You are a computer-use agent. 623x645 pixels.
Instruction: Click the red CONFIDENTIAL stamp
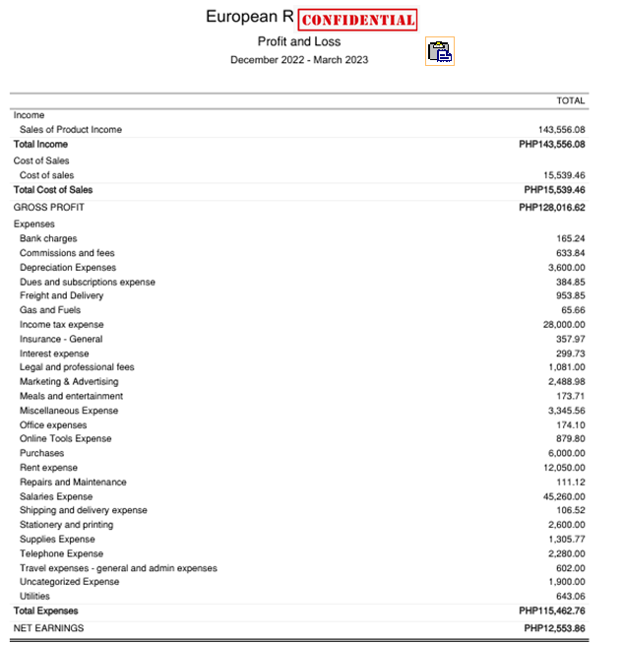click(357, 20)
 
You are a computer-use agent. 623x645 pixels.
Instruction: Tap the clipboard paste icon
click(440, 51)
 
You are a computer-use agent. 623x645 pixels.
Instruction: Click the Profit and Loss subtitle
click(299, 41)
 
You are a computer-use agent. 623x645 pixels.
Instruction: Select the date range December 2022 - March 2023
click(299, 60)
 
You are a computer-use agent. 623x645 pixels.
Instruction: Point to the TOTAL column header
click(570, 100)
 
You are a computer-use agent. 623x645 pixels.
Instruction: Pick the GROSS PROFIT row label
click(48, 208)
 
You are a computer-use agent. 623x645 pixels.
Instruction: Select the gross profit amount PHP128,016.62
click(552, 208)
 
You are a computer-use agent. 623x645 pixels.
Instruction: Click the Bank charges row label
click(48, 239)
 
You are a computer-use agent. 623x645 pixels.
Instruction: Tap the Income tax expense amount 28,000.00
click(564, 325)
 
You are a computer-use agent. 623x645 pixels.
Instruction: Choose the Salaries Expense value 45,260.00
click(564, 496)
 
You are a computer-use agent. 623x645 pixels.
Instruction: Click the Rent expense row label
click(48, 468)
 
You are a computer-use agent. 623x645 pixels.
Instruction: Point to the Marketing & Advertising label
click(69, 382)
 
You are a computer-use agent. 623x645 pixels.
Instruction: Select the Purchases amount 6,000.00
click(566, 454)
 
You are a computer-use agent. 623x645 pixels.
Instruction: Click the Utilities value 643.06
click(570, 597)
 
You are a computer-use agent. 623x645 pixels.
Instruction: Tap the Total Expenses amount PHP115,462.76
click(552, 612)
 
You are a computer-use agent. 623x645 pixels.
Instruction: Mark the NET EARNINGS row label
click(48, 628)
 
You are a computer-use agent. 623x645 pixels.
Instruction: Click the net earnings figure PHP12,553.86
click(555, 628)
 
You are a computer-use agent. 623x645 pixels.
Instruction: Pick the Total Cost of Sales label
click(53, 190)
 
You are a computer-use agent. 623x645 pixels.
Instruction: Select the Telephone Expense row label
click(61, 553)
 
